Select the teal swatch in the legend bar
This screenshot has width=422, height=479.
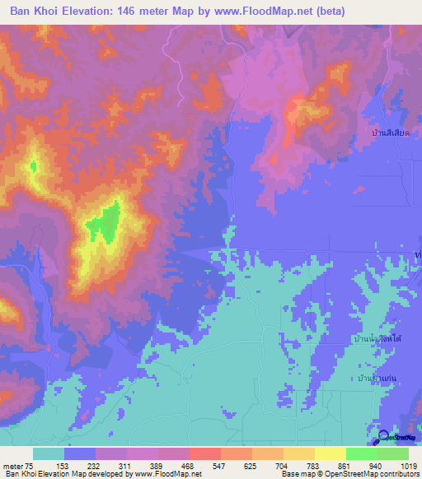click(49, 453)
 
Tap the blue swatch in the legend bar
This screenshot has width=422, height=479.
click(80, 453)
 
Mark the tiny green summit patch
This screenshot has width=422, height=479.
click(33, 166)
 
